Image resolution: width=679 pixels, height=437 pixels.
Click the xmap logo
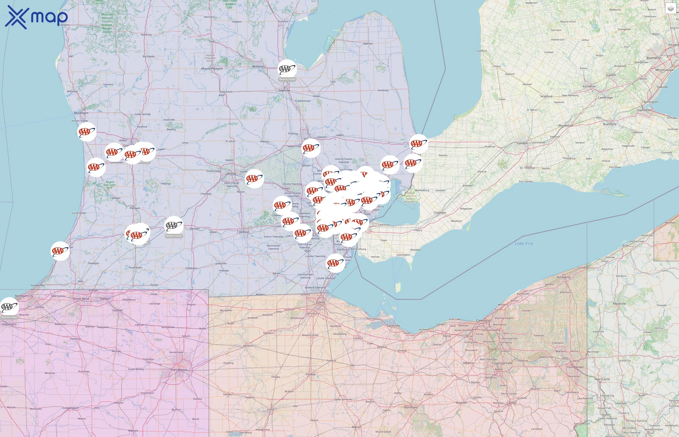pos(36,17)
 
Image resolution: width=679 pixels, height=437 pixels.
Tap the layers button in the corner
pos(671,9)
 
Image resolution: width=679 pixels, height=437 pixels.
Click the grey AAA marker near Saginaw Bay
pos(287,69)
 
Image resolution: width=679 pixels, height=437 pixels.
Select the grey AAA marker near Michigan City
pos(9,307)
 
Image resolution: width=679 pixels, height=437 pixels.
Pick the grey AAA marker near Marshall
pos(174,226)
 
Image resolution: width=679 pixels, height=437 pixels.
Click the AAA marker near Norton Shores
pos(87,132)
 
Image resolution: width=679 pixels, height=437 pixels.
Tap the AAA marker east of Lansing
pos(254,179)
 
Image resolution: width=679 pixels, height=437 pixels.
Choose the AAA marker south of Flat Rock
pos(335,263)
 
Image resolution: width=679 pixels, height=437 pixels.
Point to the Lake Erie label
pos(524,244)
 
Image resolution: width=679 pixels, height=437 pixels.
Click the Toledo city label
pos(321,302)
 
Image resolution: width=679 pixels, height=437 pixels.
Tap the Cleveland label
pos(483,320)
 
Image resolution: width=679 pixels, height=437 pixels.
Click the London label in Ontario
pos(522,143)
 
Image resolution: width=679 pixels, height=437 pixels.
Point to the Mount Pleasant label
pos(212,69)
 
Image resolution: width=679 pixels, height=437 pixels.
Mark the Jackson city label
pos(244,232)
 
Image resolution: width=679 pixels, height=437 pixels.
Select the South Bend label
pos(81,299)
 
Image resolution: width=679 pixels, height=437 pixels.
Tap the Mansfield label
pos(411,407)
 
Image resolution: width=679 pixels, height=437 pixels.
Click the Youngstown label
pos(575,367)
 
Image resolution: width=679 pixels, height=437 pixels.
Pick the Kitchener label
pos(589,86)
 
